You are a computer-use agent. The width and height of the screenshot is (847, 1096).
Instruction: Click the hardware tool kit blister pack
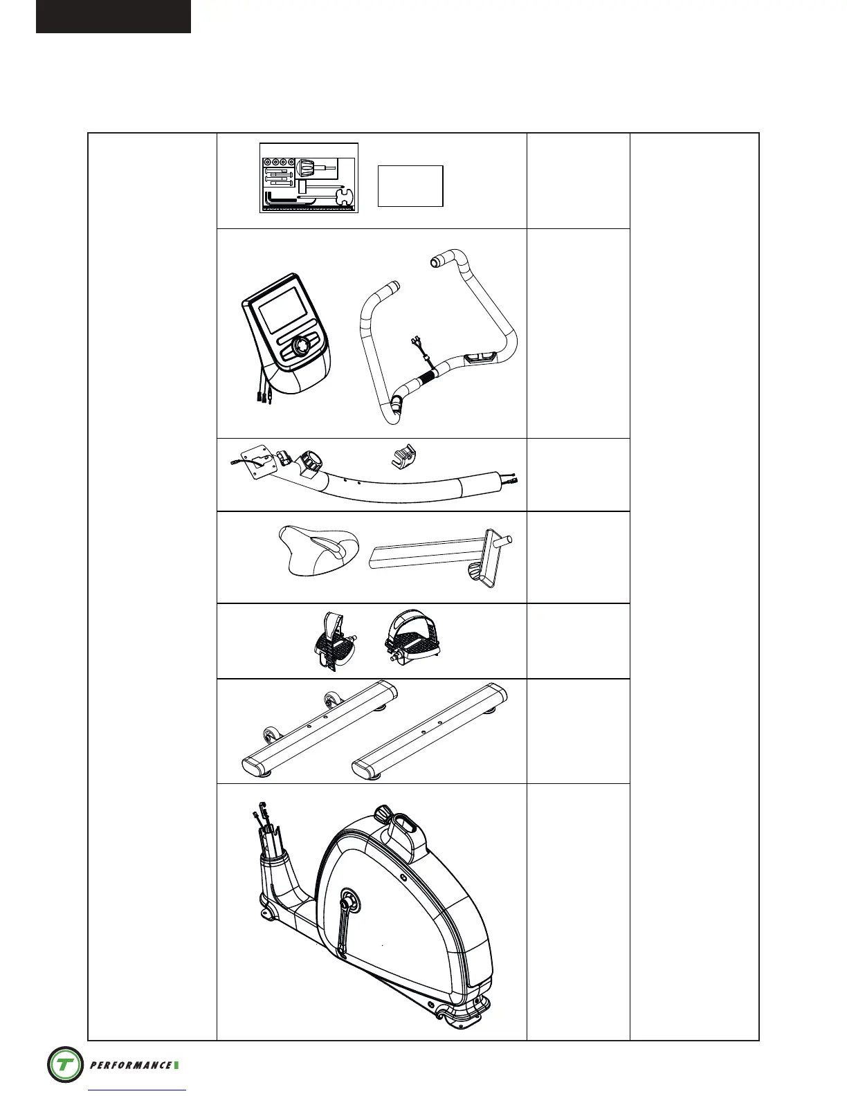[x=309, y=178]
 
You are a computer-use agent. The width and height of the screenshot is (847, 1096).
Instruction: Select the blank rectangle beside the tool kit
[x=410, y=185]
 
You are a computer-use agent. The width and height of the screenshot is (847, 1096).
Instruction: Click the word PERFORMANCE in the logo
[x=130, y=1065]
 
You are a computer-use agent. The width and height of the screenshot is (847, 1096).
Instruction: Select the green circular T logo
[x=65, y=1064]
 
